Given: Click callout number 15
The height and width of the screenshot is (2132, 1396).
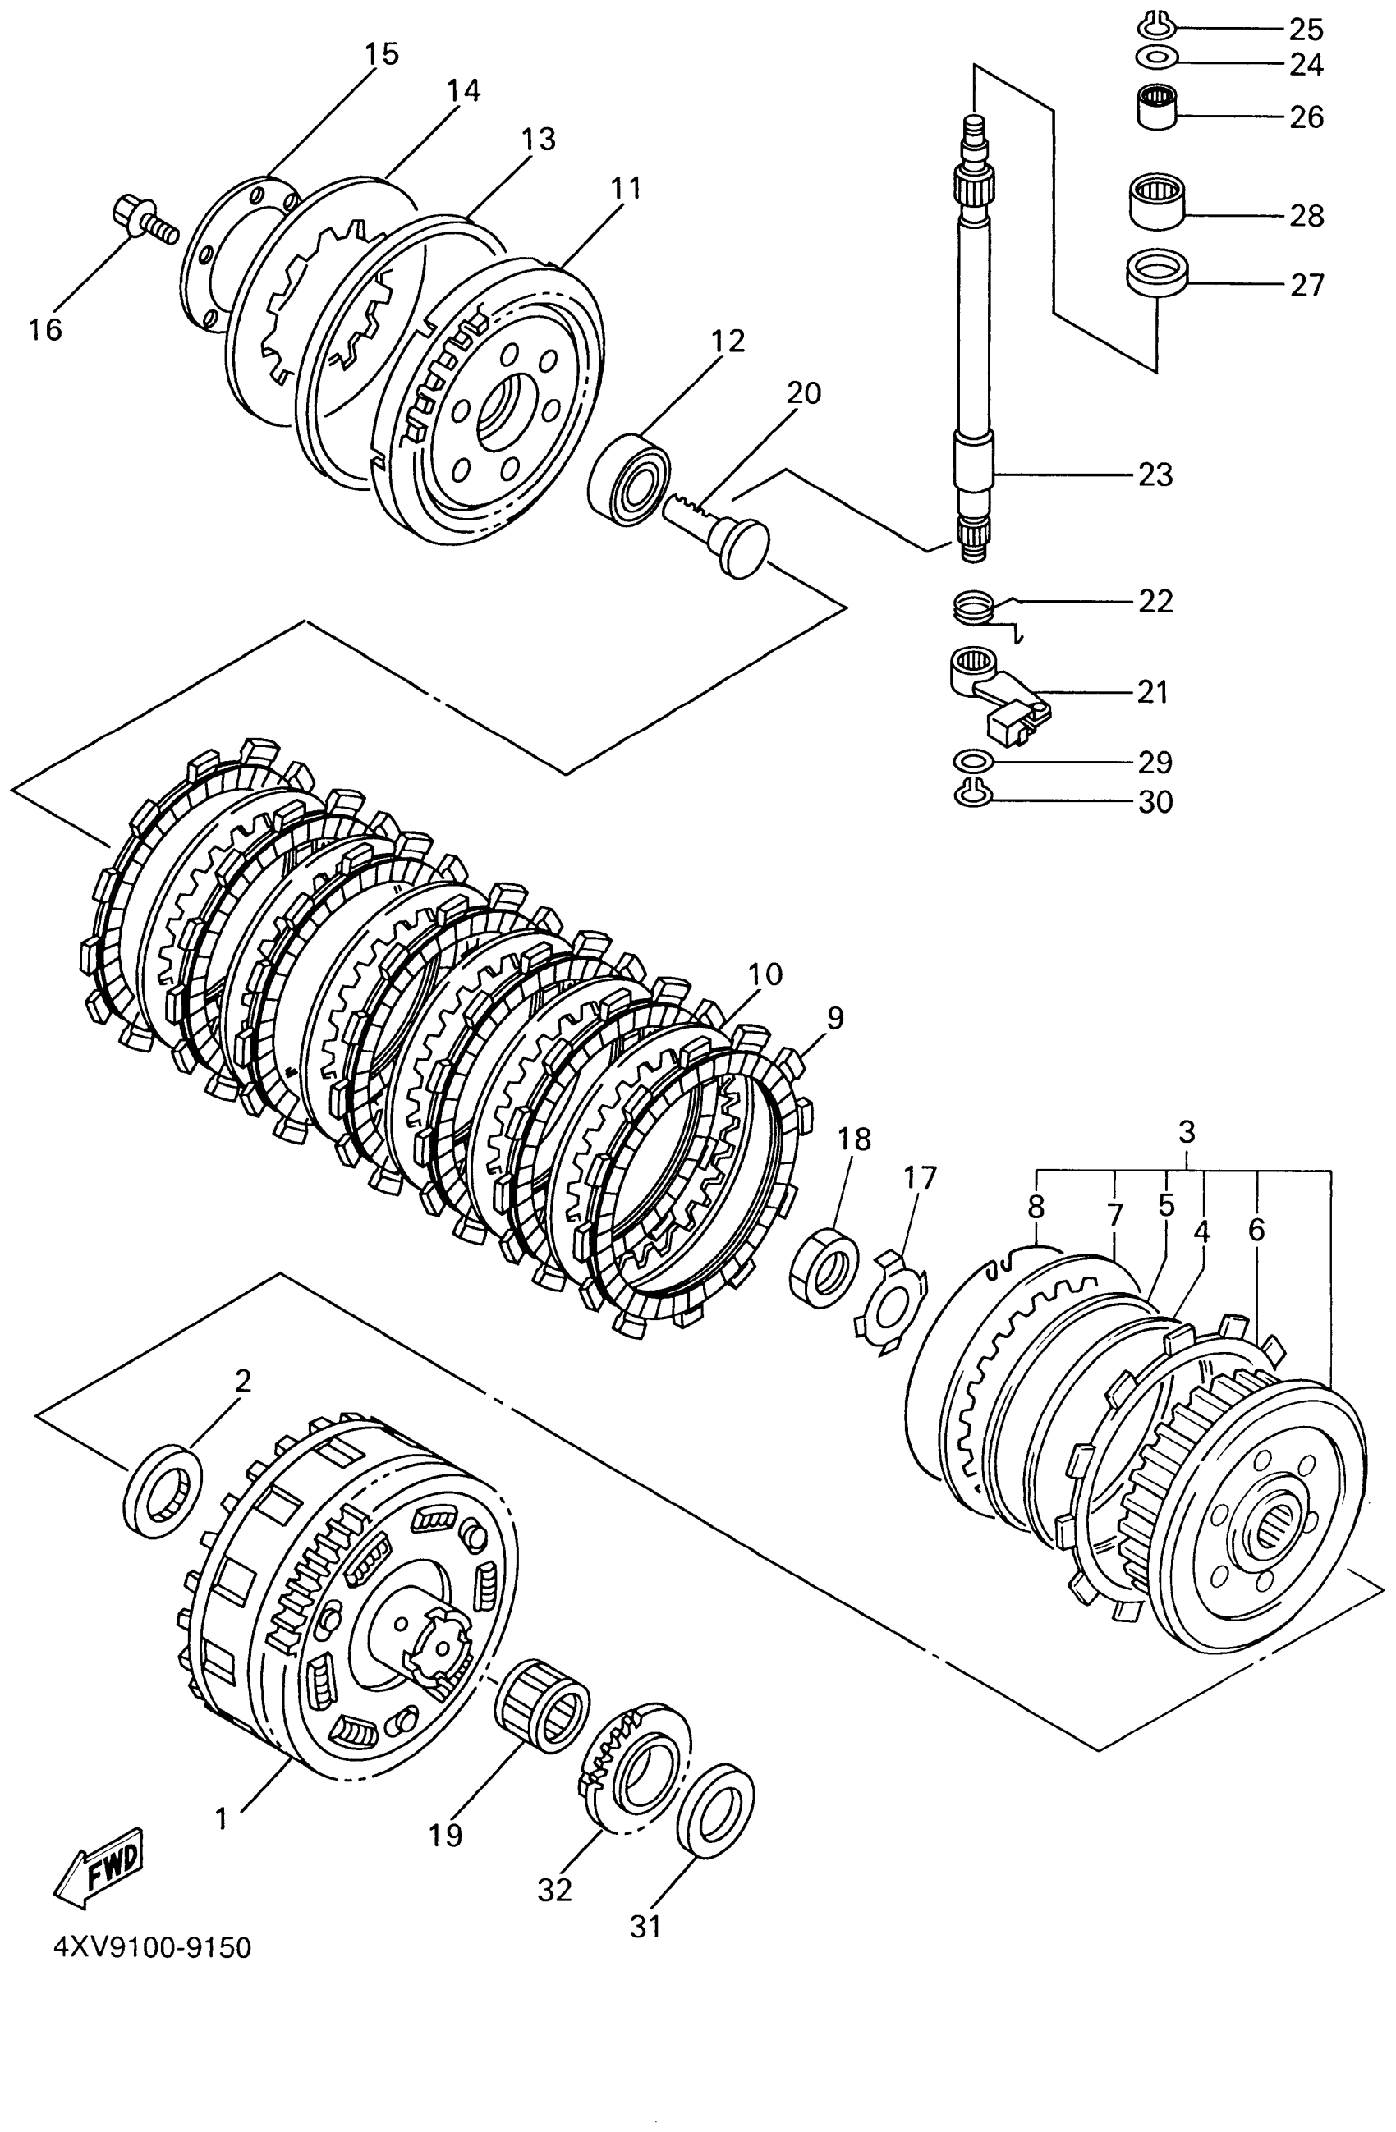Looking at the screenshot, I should tap(381, 53).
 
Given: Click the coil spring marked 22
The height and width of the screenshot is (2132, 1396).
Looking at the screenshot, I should tap(974, 609).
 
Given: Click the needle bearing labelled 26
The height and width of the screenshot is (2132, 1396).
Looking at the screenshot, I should tap(1158, 107).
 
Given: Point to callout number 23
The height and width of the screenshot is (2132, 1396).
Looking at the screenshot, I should tap(1155, 474).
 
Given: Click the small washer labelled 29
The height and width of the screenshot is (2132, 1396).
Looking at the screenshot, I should tap(973, 762).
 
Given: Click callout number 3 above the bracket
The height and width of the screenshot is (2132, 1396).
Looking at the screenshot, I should tap(1187, 1132).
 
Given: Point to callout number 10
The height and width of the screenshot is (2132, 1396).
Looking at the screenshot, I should tap(765, 974).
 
